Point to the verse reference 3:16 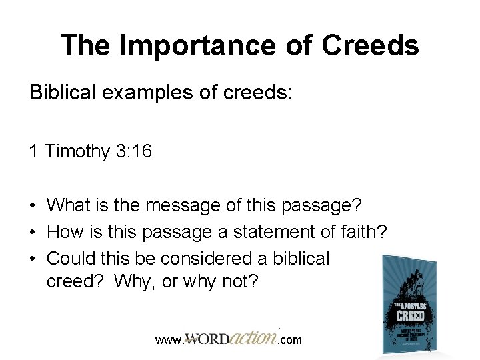click(x=133, y=151)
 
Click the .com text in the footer click(x=289, y=340)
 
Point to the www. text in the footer click(x=169, y=340)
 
